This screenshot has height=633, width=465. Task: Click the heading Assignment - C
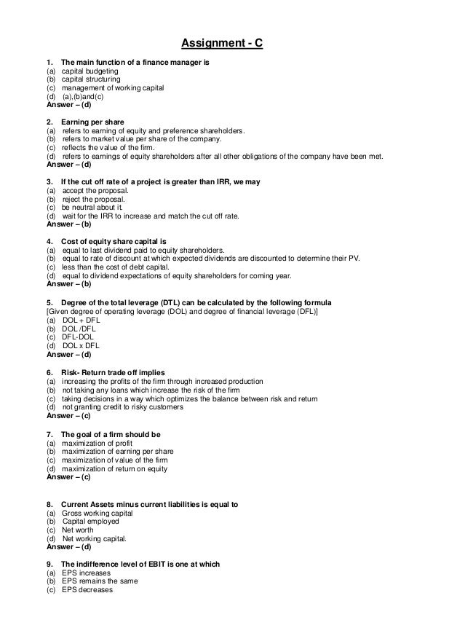[x=221, y=44]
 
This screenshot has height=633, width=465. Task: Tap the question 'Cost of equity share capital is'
[x=114, y=241]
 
